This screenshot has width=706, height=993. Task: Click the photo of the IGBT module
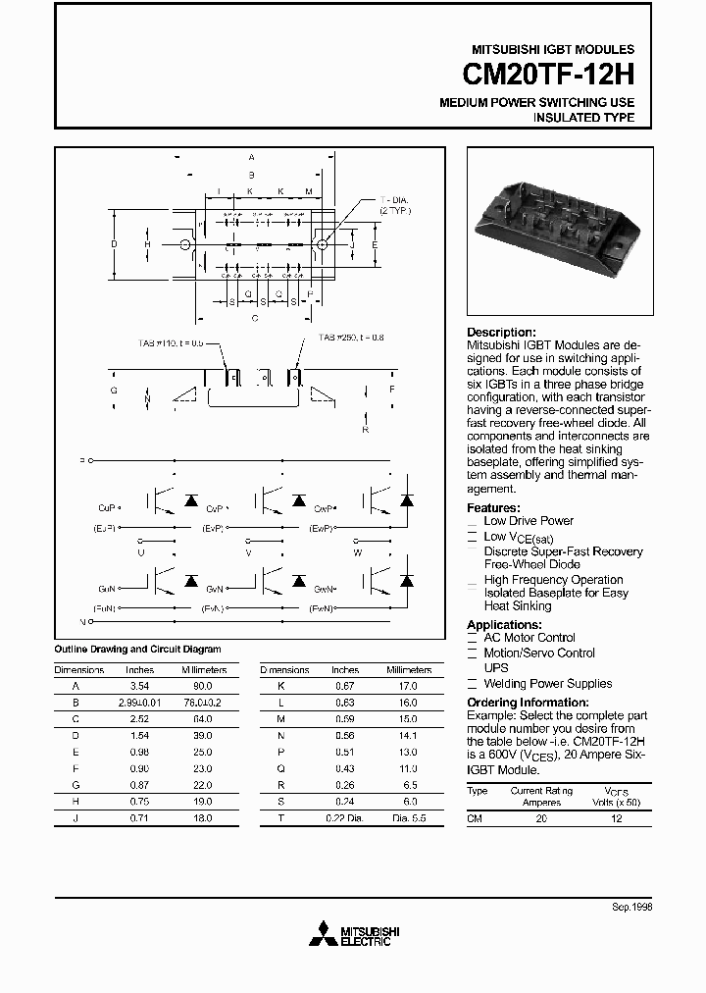pyautogui.click(x=555, y=230)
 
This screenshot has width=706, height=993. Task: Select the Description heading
pyautogui.click(x=501, y=332)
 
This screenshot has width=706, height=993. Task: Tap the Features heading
pyautogui.click(x=493, y=507)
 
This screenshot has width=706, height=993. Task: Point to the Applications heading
pyautogui.click(x=504, y=624)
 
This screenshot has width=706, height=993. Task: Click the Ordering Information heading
pyautogui.click(x=528, y=703)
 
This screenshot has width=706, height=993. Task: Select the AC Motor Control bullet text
pyautogui.click(x=529, y=638)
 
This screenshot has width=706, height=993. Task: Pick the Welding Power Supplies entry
pyautogui.click(x=547, y=683)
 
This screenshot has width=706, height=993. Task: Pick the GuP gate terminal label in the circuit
pyautogui.click(x=107, y=507)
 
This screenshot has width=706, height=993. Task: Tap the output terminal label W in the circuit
pyautogui.click(x=357, y=552)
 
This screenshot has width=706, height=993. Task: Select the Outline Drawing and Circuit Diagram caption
pyautogui.click(x=136, y=649)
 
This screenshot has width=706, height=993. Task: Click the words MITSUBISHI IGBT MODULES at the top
pyautogui.click(x=553, y=49)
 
